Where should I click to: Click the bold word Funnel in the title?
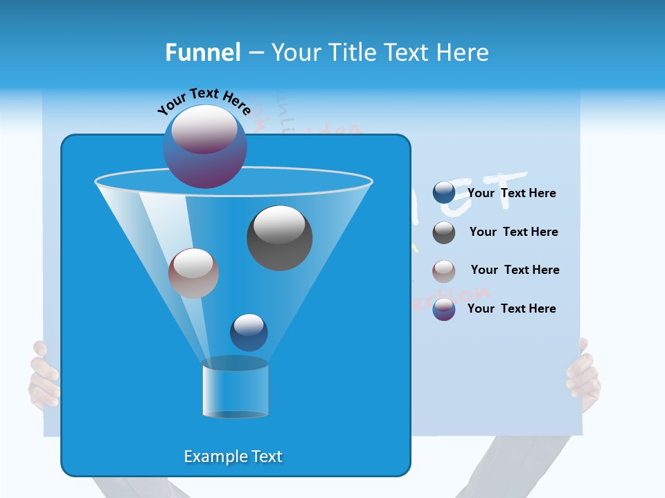click(202, 53)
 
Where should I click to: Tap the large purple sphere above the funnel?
click(205, 146)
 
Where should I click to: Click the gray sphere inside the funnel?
click(279, 238)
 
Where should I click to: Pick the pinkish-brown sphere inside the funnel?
click(193, 273)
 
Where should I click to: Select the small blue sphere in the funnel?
click(249, 333)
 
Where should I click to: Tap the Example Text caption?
click(233, 456)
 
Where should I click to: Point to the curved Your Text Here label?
click(204, 102)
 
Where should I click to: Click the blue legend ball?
click(444, 193)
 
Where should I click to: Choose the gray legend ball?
click(444, 232)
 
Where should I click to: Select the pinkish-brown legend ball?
click(444, 271)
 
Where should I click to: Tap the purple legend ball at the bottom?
click(444, 309)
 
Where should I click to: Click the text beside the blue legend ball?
click(511, 194)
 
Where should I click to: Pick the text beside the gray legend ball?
click(513, 232)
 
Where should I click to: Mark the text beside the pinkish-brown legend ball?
click(515, 270)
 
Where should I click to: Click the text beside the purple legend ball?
click(511, 308)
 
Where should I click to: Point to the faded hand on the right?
click(583, 377)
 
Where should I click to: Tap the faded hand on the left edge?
click(43, 377)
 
